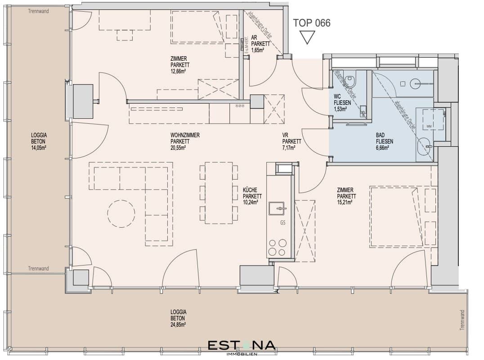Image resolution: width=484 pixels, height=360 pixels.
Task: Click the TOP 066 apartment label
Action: click(x=311, y=23)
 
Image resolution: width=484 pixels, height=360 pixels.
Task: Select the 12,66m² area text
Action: click(x=179, y=71)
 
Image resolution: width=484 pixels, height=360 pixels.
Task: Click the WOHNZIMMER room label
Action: click(x=185, y=135)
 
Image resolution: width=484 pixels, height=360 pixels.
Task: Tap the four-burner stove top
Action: click(x=277, y=247)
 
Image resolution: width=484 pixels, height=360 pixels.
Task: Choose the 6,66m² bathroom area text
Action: click(x=384, y=148)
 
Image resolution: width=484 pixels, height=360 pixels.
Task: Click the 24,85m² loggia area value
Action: click(x=178, y=324)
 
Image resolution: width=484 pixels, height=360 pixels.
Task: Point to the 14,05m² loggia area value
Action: click(x=39, y=148)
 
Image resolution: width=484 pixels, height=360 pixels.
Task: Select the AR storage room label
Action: click(x=254, y=38)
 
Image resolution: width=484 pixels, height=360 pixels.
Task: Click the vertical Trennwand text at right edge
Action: click(x=462, y=320)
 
